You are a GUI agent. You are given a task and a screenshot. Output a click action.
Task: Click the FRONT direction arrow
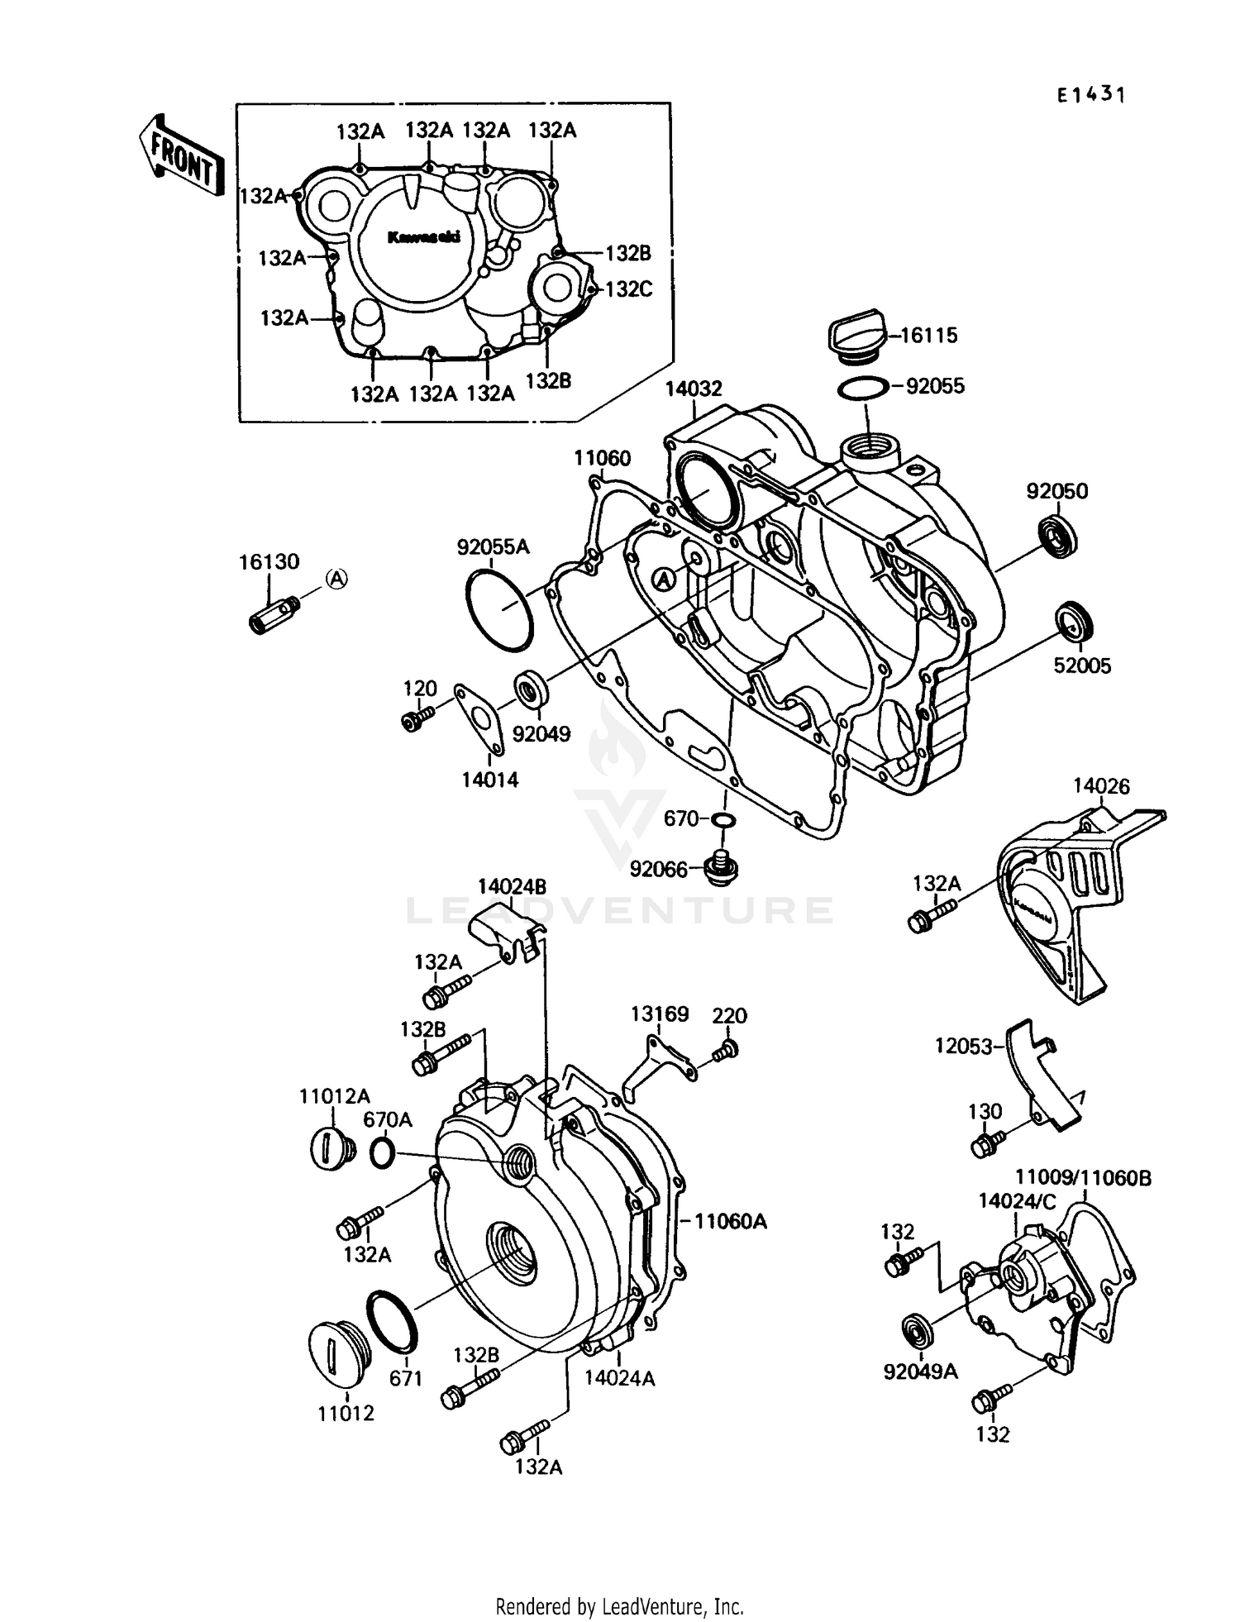click(181, 155)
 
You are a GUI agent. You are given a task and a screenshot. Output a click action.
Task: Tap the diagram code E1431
click(1091, 95)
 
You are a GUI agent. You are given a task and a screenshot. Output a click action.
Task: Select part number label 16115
click(928, 335)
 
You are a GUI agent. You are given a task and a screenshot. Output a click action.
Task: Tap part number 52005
click(1082, 665)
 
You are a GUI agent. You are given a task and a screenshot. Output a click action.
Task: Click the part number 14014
click(489, 780)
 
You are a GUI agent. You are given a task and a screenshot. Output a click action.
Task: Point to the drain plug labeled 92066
click(721, 868)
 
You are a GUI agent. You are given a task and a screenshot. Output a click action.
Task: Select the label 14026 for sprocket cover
click(1101, 785)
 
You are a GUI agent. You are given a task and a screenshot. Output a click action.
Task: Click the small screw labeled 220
click(727, 1051)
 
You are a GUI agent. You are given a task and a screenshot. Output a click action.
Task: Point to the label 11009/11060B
click(1082, 1177)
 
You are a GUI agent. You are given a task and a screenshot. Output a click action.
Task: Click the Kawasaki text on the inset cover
click(423, 237)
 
